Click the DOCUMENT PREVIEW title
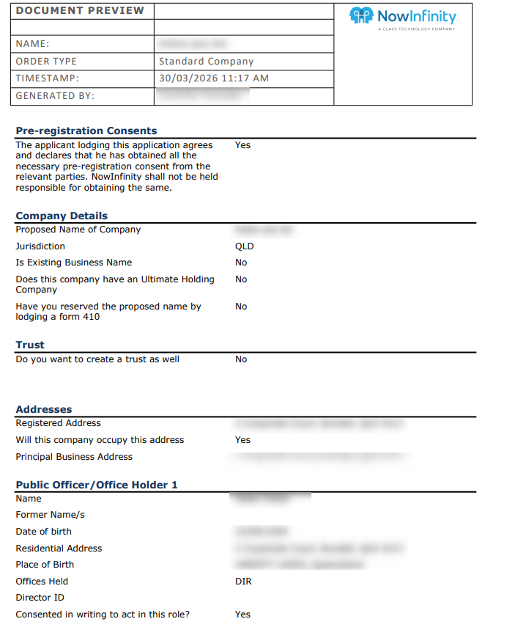[x=80, y=11]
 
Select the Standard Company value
[x=206, y=62]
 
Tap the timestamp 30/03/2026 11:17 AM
[x=213, y=78]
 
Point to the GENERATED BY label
[x=55, y=96]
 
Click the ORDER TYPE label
[x=46, y=62]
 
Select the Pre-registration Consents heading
[x=86, y=131]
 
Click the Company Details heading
[x=62, y=216]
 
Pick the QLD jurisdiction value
[x=244, y=246]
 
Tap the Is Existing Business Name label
[x=74, y=263]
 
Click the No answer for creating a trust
[x=241, y=359]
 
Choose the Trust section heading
[x=30, y=345]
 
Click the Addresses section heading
[x=44, y=409]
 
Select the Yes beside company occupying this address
[x=242, y=440]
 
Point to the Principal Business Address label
[x=74, y=457]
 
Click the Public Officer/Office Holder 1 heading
[x=97, y=485]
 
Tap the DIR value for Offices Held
[x=243, y=582]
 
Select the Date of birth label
[x=44, y=532]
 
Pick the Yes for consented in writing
[x=242, y=615]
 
